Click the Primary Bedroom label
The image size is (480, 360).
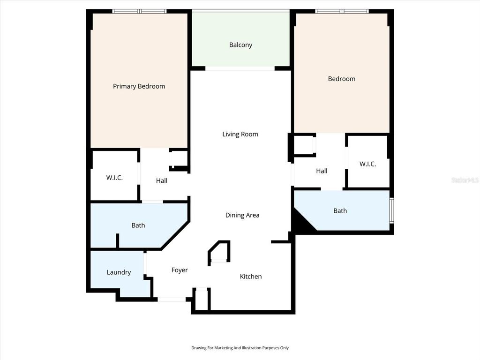click(139, 86)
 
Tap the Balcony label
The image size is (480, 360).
click(240, 45)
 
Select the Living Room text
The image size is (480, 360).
click(240, 134)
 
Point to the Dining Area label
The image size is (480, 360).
click(242, 215)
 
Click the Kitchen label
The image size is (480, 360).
click(251, 277)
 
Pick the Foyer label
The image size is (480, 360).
click(180, 270)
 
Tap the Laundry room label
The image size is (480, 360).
click(119, 272)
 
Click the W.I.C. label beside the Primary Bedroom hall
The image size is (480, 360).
click(114, 178)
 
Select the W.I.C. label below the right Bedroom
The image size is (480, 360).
click(367, 164)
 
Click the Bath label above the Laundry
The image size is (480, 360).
click(138, 225)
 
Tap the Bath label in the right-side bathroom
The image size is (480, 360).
click(340, 211)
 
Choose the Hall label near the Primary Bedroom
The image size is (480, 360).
click(162, 180)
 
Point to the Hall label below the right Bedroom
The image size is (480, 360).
click(322, 171)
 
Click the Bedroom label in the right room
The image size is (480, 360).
click(342, 79)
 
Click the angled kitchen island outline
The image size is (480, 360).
click(219, 252)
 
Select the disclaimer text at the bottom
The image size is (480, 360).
click(240, 348)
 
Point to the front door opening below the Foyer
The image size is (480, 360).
click(171, 299)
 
